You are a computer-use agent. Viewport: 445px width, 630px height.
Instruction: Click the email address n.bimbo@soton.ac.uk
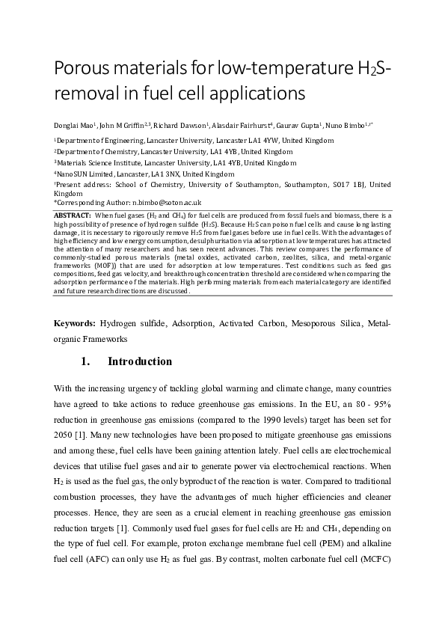[x=166, y=202]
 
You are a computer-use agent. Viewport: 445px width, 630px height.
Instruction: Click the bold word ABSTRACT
[x=73, y=215]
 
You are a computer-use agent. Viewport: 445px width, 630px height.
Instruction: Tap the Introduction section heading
[x=140, y=362]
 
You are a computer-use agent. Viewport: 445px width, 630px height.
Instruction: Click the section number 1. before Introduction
[x=85, y=362]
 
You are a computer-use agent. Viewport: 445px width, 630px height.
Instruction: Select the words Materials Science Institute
[x=94, y=162]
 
